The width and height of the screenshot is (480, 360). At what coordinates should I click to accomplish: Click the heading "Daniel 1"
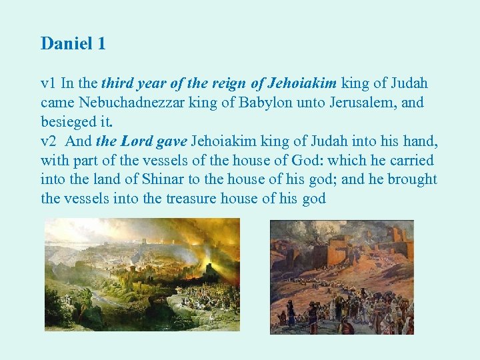73,44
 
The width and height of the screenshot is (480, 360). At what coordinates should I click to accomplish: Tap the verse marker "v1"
48,83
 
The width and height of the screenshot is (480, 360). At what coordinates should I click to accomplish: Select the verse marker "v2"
48,141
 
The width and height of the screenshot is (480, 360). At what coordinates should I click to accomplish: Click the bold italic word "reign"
230,83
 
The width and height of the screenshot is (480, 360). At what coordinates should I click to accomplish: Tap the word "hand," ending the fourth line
421,141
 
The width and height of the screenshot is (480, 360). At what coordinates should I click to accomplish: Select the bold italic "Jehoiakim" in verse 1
303,83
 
